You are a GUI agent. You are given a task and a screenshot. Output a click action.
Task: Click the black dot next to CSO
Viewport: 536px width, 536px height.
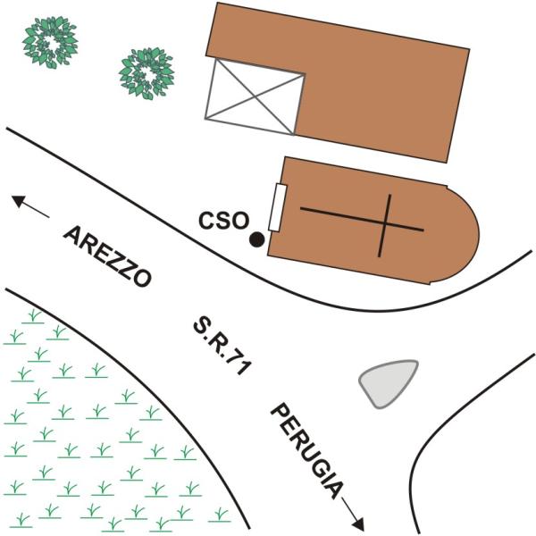coord(256,239)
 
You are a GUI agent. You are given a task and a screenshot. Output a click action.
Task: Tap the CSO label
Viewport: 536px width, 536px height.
coord(223,220)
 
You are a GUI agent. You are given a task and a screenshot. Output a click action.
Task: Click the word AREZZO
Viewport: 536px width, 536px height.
coord(107,256)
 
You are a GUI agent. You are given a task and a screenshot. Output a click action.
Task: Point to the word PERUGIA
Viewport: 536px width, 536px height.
coord(307,451)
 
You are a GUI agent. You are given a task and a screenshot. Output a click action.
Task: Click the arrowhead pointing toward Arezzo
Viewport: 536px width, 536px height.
coord(19,200)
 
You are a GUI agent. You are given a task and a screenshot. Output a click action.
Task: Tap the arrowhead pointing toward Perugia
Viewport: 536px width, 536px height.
coord(358,524)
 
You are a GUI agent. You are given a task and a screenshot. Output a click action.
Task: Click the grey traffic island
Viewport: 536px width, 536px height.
coord(389,383)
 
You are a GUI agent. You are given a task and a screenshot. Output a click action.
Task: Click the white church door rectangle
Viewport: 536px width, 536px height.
coord(277,207)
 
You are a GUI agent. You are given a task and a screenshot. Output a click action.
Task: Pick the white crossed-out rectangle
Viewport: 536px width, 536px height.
coord(255,96)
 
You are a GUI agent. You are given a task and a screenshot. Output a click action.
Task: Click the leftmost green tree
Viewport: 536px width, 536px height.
coord(50,42)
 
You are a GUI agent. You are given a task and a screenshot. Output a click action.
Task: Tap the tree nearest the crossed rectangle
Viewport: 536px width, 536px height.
coord(147,73)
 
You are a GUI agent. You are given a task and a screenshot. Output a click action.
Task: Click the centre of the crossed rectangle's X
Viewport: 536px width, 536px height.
coord(255,96)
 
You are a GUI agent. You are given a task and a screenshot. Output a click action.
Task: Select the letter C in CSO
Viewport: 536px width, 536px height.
coord(207,220)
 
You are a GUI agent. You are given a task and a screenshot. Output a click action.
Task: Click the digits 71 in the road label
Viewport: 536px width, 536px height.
coord(241,364)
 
